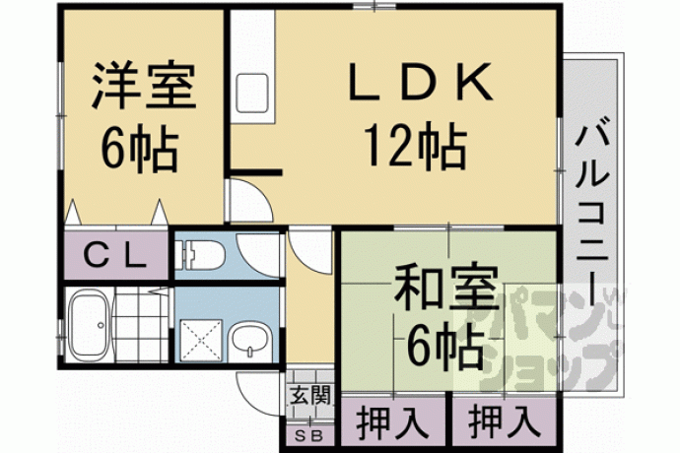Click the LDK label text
coord(421,82)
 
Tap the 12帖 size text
coord(416,145)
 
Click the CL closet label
coord(114,256)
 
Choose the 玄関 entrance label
coord(309,395)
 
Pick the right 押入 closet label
coord(505,421)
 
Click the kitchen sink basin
coord(252,94)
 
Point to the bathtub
coord(90,326)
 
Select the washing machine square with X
coord(201,341)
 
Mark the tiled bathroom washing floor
coord(142,326)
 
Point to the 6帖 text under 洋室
coord(140,149)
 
